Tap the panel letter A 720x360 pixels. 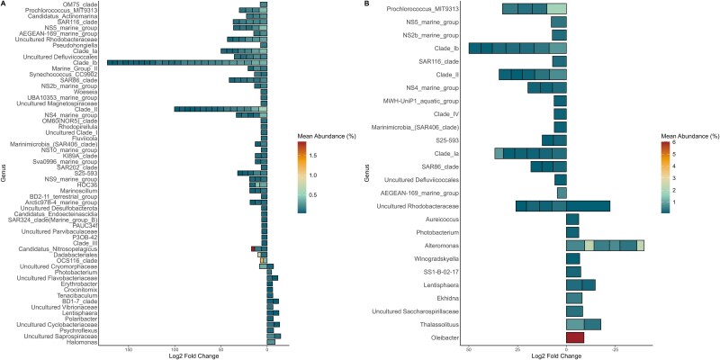pos(4,4)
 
